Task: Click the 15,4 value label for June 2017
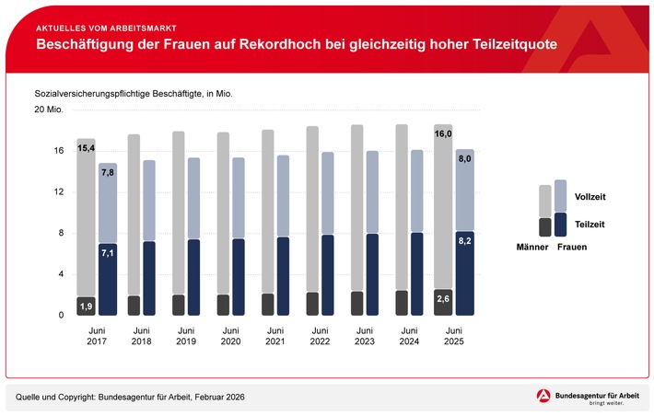pos(86,148)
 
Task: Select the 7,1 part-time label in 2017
pos(108,253)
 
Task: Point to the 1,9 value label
pos(86,306)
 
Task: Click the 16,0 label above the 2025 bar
pos(443,134)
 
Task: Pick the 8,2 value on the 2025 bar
pos(466,242)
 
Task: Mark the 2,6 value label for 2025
pos(443,299)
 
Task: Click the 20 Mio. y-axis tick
pos(48,110)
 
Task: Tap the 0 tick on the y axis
pos(60,316)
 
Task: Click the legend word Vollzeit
pos(590,197)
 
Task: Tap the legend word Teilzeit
pos(590,224)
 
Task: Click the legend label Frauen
pos(571,248)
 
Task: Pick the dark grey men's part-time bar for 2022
pos(313,305)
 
